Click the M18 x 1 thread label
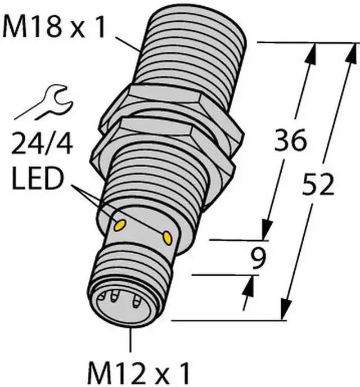coord(54,26)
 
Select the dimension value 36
coord(290,140)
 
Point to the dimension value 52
coord(317,184)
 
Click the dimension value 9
coord(258,258)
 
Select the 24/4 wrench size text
coord(42,143)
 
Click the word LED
coord(37,178)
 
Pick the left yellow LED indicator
coord(120,226)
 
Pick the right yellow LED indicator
coord(167,238)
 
